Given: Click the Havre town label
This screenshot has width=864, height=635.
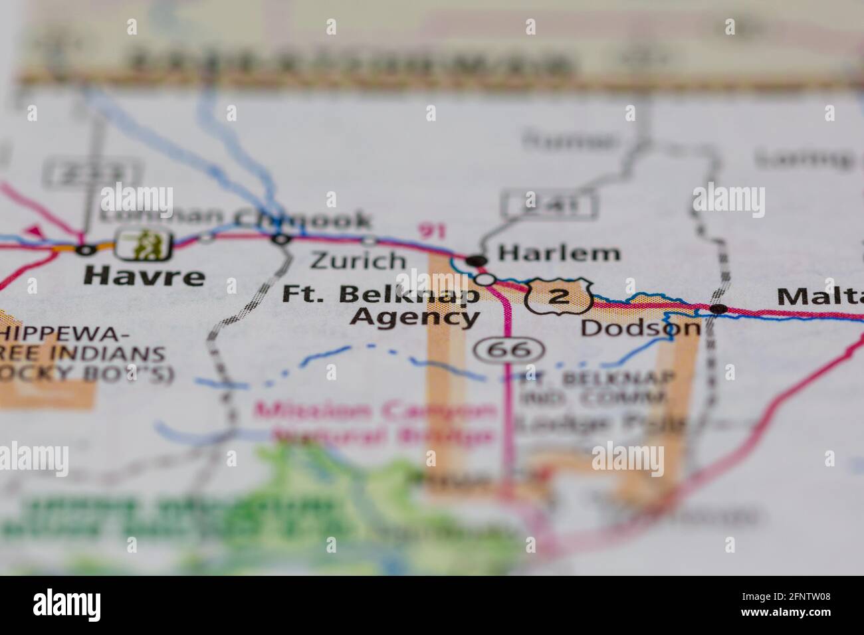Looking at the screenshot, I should (145, 276).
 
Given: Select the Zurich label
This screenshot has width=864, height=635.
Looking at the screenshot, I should (358, 260).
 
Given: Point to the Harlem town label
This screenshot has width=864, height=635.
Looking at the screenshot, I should (559, 253).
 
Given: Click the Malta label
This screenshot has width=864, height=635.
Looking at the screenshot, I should (820, 296).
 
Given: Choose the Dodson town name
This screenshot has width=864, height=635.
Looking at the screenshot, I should (640, 327).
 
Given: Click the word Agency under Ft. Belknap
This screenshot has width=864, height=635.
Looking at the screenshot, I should (414, 317).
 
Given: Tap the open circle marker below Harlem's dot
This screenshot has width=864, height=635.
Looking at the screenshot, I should (486, 280).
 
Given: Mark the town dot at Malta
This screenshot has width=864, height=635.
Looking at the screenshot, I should (718, 309).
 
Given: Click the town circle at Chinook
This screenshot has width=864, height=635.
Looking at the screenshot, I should (282, 239).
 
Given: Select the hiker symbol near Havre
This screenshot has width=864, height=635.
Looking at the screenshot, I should (144, 245).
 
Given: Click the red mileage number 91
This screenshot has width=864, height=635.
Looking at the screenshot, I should (432, 232).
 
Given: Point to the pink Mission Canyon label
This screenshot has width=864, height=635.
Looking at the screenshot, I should (376, 412).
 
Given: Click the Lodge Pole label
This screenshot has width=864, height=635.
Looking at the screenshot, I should (601, 422).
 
